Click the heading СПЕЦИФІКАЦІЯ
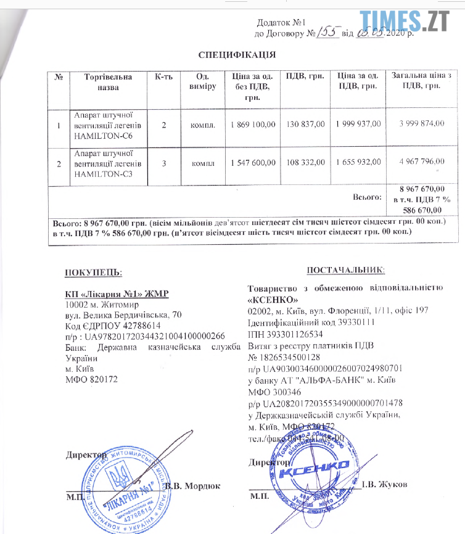(237, 54)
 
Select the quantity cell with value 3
(164, 165)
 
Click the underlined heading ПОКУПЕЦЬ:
(94, 271)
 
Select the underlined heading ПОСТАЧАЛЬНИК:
(346, 269)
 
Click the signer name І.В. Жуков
(385, 485)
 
